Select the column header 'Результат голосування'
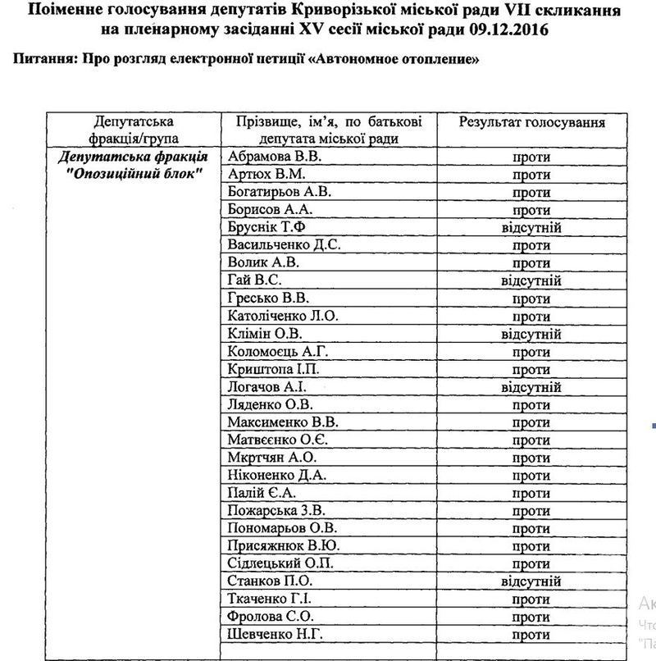(x=531, y=122)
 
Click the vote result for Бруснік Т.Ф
(x=531, y=227)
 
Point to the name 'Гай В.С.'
(x=255, y=280)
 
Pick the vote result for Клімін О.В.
(x=531, y=334)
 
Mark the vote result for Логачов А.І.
(x=531, y=387)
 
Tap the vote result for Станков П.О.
(x=531, y=581)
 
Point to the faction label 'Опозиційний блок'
(x=135, y=174)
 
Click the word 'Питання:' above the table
(x=41, y=61)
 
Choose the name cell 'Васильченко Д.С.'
(x=285, y=245)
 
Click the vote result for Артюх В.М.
(x=531, y=174)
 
